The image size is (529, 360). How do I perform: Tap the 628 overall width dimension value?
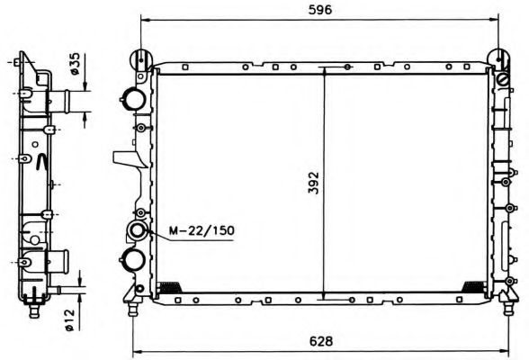coord(322,342)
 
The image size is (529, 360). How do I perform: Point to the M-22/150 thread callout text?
coord(201,231)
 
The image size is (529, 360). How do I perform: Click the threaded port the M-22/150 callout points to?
coord(139,232)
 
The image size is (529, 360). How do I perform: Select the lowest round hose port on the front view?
coord(134,260)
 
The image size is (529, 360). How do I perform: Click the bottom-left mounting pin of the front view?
coord(134,309)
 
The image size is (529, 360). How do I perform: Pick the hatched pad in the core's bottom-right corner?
coord(471,287)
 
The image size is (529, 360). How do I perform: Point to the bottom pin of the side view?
coord(33,310)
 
